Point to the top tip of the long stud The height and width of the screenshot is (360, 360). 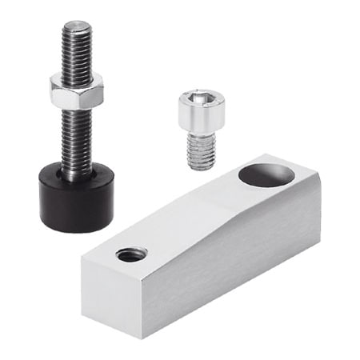pyautogui.click(x=76, y=24)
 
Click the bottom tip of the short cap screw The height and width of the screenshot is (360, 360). pyautogui.click(x=202, y=167)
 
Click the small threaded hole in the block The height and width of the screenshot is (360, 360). pyautogui.click(x=131, y=255)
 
